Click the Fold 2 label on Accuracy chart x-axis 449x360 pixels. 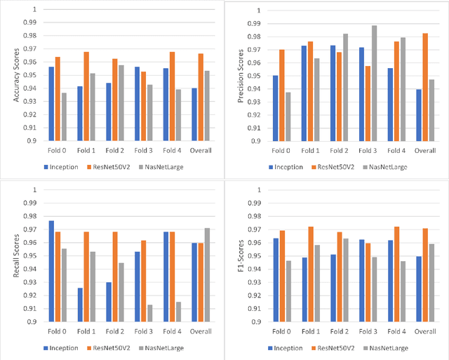116,151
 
